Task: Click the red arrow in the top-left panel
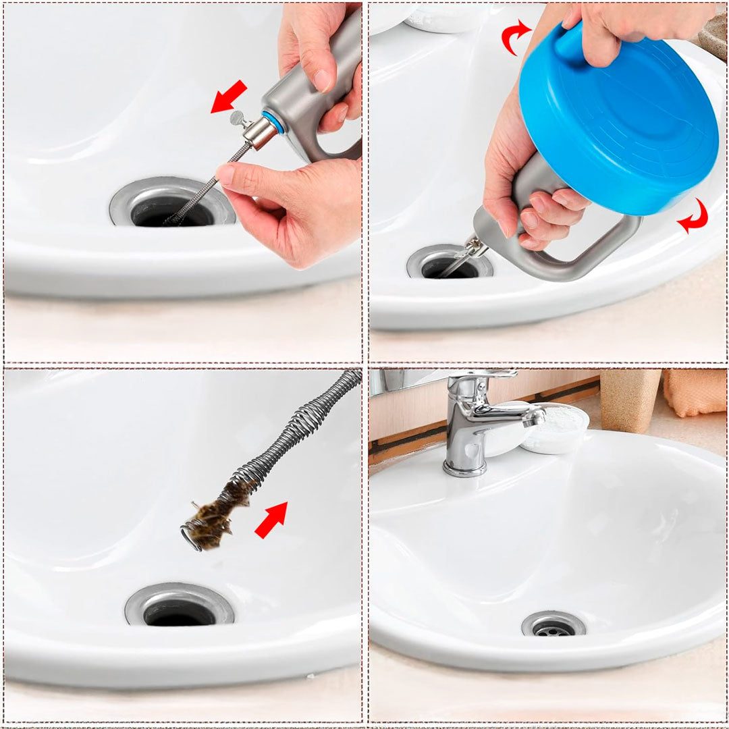click(x=229, y=97)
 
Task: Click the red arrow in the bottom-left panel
click(x=271, y=519)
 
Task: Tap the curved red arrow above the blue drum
click(x=516, y=36)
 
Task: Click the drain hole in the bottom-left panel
click(x=179, y=611)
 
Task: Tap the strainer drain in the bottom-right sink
click(x=553, y=626)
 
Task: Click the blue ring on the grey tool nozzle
click(x=272, y=122)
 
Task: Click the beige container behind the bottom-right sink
click(x=630, y=400)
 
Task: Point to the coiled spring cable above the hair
click(x=304, y=425)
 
